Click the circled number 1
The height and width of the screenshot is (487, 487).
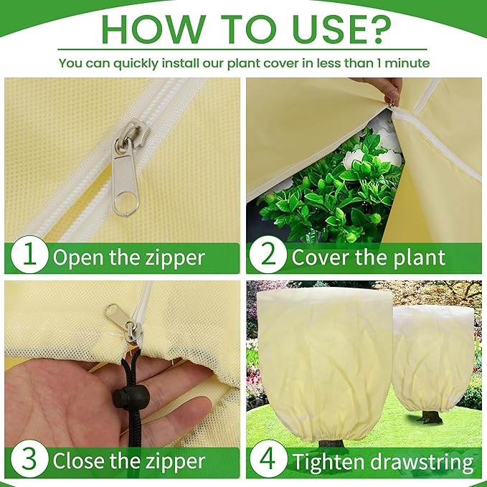29,255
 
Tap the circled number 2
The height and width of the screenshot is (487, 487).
268,255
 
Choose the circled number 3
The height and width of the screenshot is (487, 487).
29,459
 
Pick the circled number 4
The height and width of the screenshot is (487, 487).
268,459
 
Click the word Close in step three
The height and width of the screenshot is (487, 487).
79,461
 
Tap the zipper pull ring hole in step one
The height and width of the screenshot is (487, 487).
126,202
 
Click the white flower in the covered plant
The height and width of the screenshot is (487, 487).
354,158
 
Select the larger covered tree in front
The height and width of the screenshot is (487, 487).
325,364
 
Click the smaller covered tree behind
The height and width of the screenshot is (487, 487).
433,357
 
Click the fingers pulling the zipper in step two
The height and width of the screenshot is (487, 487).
392,90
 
